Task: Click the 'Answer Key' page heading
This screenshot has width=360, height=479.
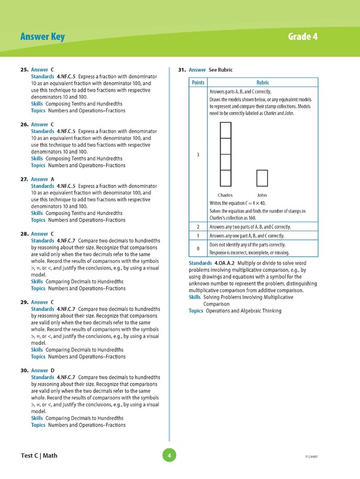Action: coord(42,38)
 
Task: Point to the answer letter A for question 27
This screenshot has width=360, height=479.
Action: coord(53,179)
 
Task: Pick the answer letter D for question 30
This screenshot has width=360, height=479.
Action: coord(53,371)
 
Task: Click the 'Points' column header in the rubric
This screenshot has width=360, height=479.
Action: coord(198,83)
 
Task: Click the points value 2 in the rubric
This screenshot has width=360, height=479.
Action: coord(198,227)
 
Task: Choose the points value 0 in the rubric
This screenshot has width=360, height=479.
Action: coord(198,248)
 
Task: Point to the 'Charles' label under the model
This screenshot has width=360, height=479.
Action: coord(225,195)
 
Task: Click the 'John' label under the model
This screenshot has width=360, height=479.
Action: coord(262,195)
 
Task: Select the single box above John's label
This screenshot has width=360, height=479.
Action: coord(262,178)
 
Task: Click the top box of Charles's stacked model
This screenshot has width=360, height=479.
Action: coord(225,131)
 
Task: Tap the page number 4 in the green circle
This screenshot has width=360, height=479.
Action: coord(170,456)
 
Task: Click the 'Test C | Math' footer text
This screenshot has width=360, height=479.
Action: coord(39,456)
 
